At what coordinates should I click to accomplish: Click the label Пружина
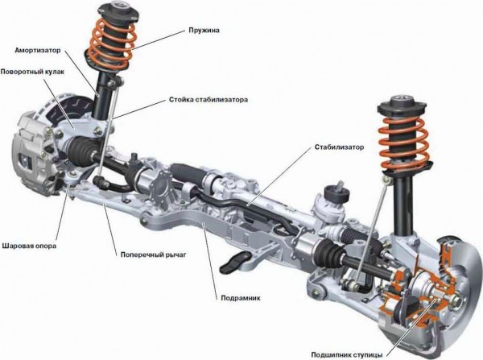pyautogui.click(x=204, y=31)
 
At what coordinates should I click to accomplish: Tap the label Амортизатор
pyautogui.click(x=38, y=50)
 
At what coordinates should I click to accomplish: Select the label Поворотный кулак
pyautogui.click(x=32, y=72)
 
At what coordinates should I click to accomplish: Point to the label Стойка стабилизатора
pyautogui.click(x=208, y=100)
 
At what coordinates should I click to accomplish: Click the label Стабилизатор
pyautogui.click(x=339, y=147)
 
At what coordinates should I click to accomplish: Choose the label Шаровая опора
pyautogui.click(x=29, y=246)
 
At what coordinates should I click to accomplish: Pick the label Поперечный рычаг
pyautogui.click(x=154, y=254)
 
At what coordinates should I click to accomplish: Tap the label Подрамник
pyautogui.click(x=241, y=298)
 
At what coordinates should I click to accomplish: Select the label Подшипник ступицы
pyautogui.click(x=346, y=354)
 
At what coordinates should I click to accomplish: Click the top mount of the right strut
pyautogui.click(x=402, y=106)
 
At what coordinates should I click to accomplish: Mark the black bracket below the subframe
pyautogui.click(x=236, y=262)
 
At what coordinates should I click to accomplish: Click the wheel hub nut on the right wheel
pyautogui.click(x=456, y=298)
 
